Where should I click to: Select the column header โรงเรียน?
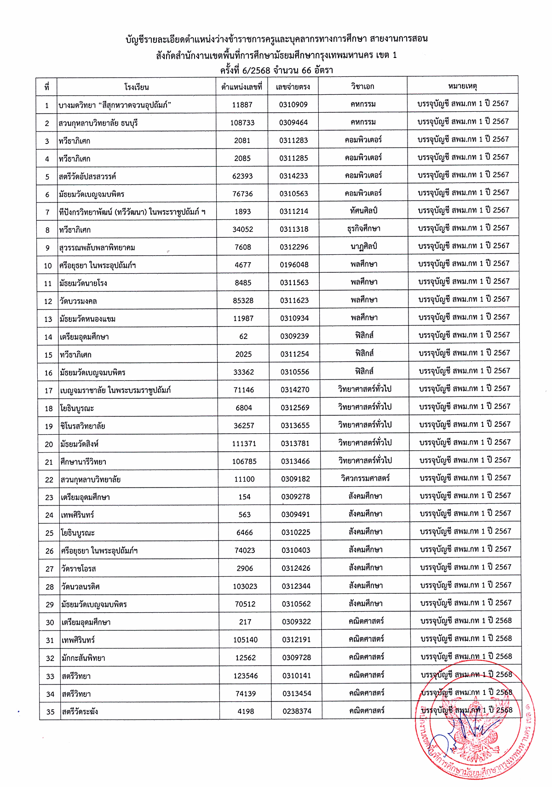137,87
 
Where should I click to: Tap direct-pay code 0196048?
294,265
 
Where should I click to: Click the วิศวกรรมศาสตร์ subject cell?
365,478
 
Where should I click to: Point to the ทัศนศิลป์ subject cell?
363,211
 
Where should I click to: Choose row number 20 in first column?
49,444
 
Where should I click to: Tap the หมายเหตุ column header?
462,86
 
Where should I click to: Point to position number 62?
243,337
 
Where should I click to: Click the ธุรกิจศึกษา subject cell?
363,229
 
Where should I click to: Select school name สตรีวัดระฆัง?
80,712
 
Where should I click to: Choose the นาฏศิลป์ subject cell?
363,247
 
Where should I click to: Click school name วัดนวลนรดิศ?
80,587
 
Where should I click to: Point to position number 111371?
244,444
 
